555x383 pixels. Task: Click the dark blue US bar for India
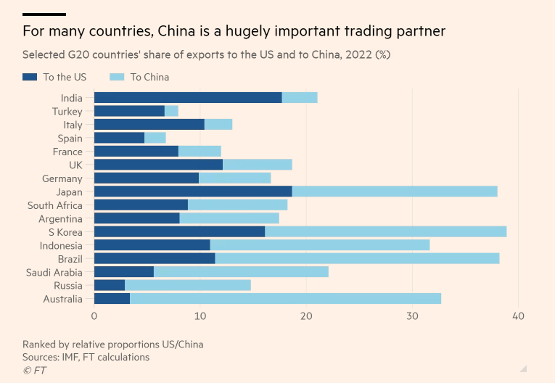click(x=188, y=98)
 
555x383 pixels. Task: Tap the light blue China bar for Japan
click(x=395, y=191)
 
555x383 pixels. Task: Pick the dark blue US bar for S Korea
click(x=179, y=232)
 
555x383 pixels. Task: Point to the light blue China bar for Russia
click(x=188, y=285)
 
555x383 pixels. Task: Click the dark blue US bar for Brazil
click(x=155, y=258)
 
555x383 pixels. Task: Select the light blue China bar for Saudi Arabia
click(x=241, y=272)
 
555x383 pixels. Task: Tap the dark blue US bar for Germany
click(x=147, y=178)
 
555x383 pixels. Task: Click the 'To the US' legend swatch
click(x=30, y=77)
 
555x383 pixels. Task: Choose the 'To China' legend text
click(x=149, y=77)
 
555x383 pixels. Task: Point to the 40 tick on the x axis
click(x=518, y=317)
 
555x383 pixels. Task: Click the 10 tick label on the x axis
click(x=200, y=317)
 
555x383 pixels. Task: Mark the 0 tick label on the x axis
click(x=94, y=317)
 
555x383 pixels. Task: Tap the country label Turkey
click(x=67, y=112)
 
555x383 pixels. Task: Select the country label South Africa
click(x=55, y=205)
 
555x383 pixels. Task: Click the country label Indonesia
click(x=61, y=245)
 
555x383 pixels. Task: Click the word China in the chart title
click(x=176, y=31)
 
